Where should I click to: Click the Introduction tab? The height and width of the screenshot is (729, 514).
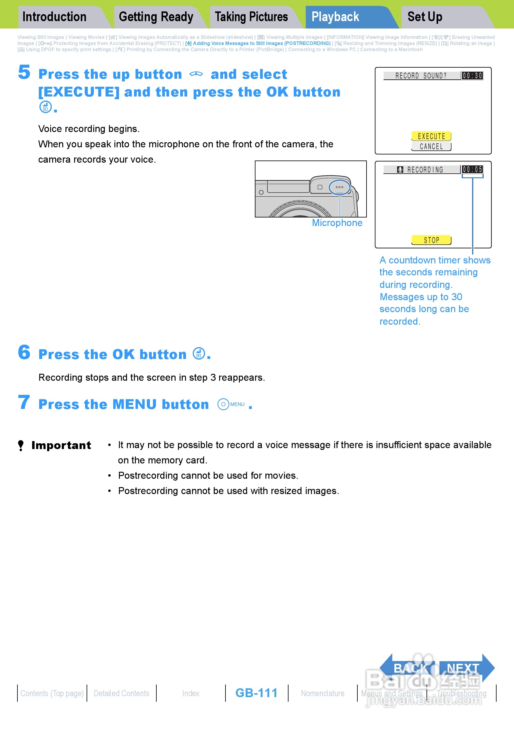(54, 17)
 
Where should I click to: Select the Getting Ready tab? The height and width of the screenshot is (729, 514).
(156, 17)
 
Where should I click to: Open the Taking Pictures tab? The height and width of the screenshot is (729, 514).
(251, 17)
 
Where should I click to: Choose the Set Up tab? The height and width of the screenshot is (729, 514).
(425, 17)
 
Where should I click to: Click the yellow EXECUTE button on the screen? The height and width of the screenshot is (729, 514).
(431, 136)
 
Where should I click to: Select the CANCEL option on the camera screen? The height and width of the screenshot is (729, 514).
(431, 146)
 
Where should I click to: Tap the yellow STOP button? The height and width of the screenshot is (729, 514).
(431, 240)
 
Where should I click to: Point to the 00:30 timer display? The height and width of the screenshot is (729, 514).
(472, 76)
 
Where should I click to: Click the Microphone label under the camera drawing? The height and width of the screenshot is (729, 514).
(337, 223)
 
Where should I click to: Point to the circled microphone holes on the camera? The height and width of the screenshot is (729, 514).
(339, 187)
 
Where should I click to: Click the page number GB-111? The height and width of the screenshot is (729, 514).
(256, 693)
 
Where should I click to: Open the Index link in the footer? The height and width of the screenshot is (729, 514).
(191, 693)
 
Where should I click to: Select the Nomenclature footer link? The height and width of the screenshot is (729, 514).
(322, 693)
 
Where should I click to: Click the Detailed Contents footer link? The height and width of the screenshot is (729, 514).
(121, 693)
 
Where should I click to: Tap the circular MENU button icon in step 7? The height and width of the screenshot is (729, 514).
(223, 404)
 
